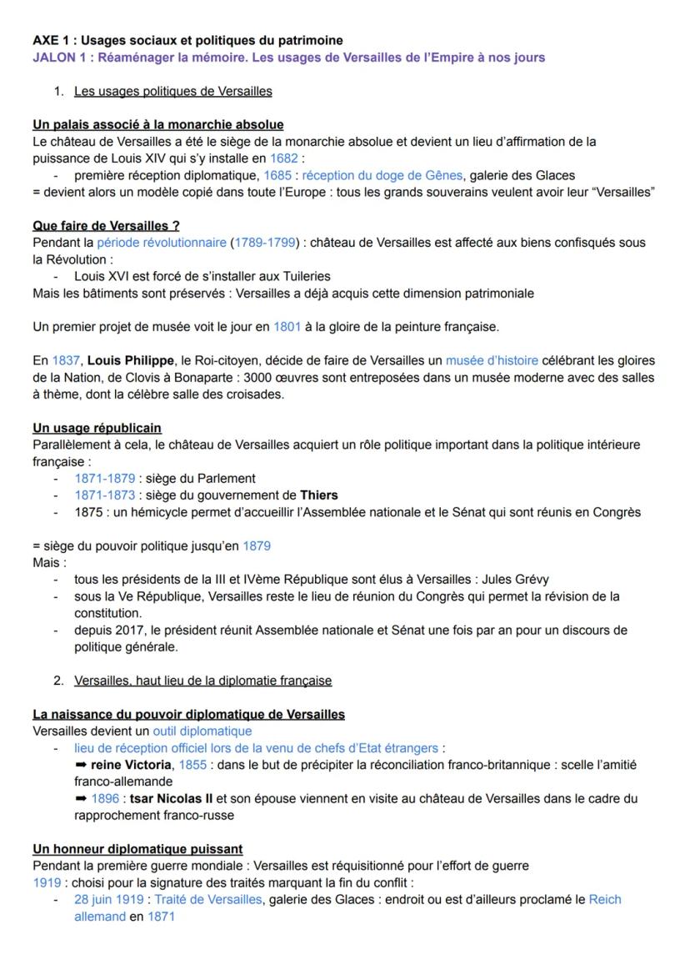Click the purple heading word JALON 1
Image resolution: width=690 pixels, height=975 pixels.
point(59,57)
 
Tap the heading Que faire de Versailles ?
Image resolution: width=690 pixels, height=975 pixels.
point(106,225)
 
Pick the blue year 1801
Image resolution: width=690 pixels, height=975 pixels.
point(287,327)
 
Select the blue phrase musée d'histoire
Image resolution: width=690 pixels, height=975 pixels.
point(492,360)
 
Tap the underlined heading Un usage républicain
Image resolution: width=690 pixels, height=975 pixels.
point(97,428)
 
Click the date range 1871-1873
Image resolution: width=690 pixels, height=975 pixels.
point(104,495)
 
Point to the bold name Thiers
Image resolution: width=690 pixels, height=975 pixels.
point(318,495)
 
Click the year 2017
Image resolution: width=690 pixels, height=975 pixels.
point(132,630)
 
